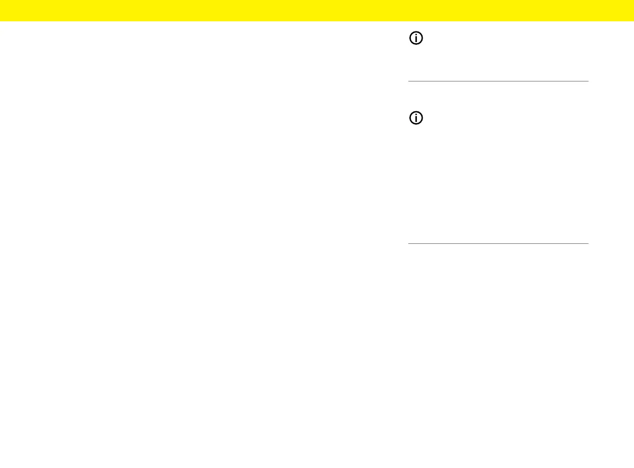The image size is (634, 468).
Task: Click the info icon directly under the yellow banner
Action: tap(416, 38)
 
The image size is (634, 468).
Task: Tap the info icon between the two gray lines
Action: tap(416, 119)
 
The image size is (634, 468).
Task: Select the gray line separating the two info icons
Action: tap(498, 81)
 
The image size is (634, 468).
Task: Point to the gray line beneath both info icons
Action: tap(498, 244)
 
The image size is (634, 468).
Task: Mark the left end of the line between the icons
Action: tap(409, 81)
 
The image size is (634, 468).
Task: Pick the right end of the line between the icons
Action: tap(588, 81)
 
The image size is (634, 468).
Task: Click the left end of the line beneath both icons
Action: tap(409, 244)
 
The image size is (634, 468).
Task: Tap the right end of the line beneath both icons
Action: tap(588, 244)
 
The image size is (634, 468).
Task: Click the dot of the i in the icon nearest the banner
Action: tap(416, 35)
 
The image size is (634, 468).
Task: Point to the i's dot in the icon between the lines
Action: tap(416, 116)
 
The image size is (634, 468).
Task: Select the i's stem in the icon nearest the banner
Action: tap(416, 40)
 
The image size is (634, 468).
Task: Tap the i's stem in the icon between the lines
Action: tap(416, 120)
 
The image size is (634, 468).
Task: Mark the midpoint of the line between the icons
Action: tap(498, 81)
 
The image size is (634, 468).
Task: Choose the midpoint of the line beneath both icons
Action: tap(498, 244)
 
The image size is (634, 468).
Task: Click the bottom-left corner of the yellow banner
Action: tap(1, 21)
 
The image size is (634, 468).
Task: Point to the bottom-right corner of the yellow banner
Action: tap(633, 21)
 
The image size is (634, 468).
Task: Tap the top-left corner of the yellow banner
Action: tap(1, 1)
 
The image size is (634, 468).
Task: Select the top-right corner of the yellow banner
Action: tap(633, 1)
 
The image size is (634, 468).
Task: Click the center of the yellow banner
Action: tap(317, 11)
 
